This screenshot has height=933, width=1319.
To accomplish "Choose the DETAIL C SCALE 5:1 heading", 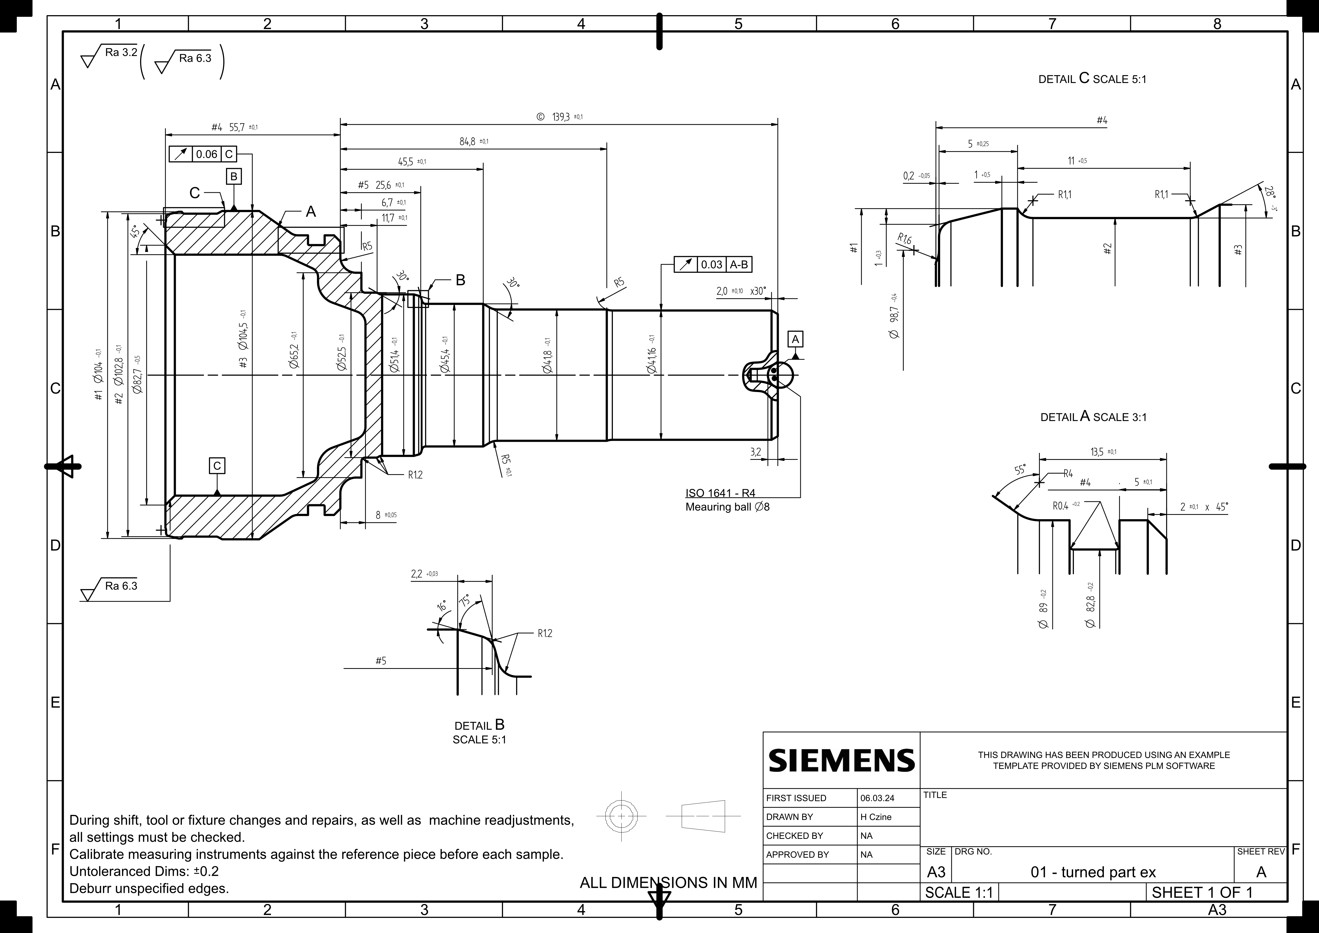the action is [1092, 79].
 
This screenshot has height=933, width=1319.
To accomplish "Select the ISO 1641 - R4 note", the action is [721, 493].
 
